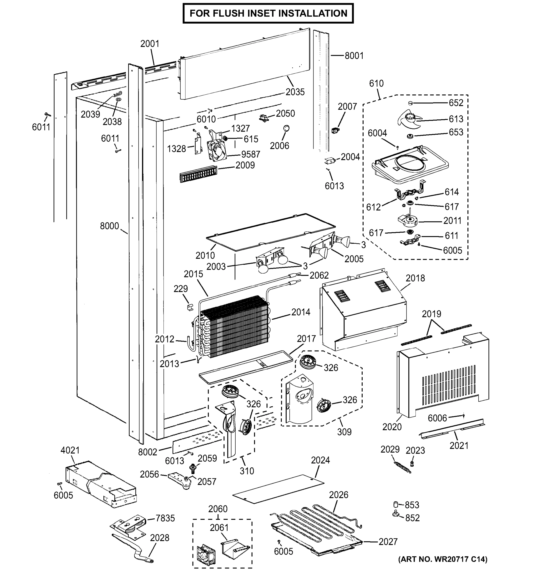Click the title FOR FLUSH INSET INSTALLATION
click(x=268, y=13)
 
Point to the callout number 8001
click(x=354, y=56)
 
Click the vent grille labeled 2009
click(x=198, y=174)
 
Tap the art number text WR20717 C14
click(x=443, y=559)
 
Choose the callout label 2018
click(x=415, y=278)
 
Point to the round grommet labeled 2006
click(x=286, y=128)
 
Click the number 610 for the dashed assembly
click(x=376, y=83)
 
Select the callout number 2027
click(x=388, y=542)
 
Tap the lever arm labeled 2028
click(x=135, y=550)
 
